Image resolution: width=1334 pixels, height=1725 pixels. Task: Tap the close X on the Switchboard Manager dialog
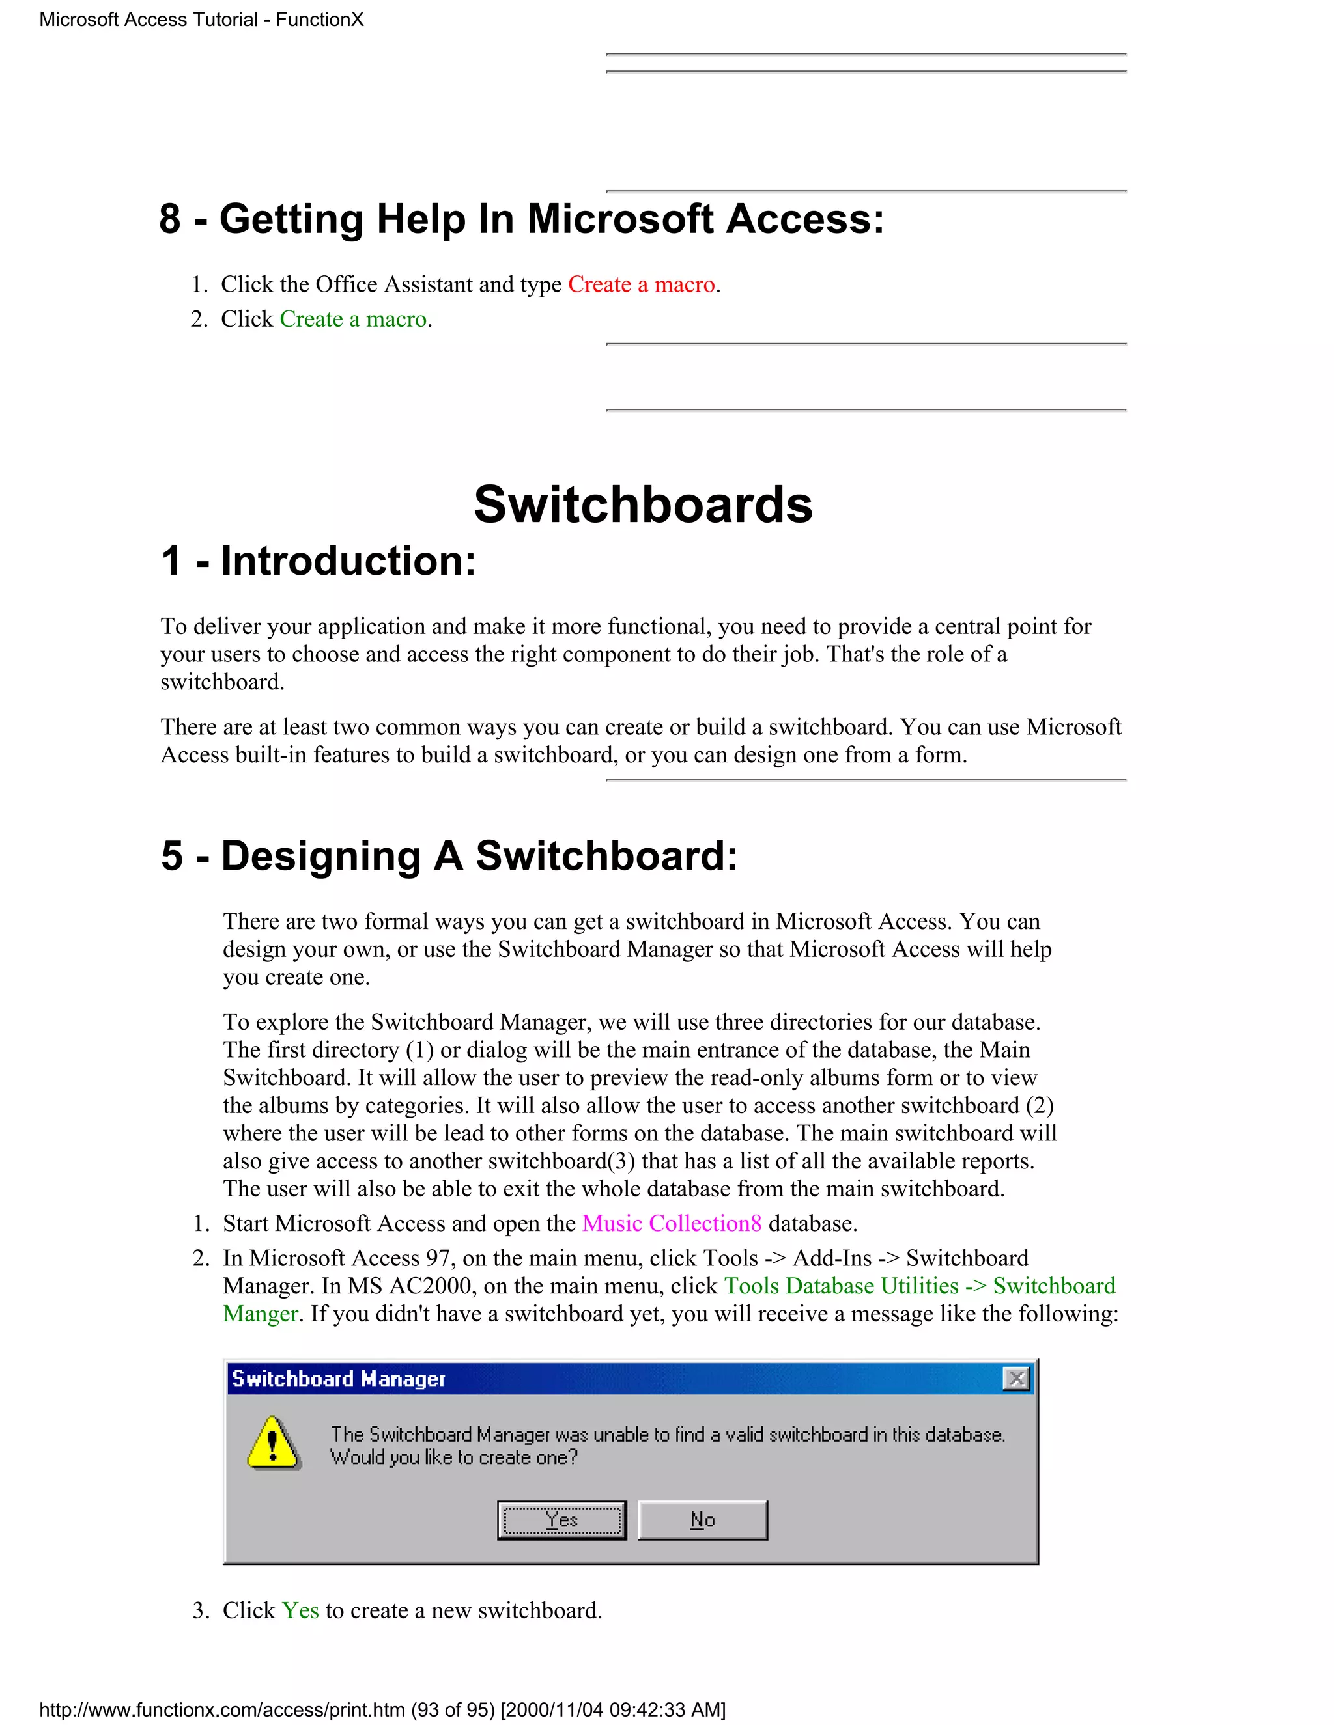coord(1015,1379)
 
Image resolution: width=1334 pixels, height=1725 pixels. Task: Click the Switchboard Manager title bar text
coord(338,1379)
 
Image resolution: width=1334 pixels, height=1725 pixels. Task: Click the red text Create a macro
coord(641,284)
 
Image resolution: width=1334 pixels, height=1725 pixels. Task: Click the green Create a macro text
coord(353,319)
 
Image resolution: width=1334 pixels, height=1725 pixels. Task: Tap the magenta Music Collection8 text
coord(672,1224)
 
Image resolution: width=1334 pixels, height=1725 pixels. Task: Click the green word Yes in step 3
coord(300,1610)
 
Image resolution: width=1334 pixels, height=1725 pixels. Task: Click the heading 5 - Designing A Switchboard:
coord(449,856)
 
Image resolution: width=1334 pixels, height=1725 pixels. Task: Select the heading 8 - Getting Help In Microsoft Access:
coord(521,219)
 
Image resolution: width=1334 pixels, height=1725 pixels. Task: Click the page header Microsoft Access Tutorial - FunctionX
coord(201,20)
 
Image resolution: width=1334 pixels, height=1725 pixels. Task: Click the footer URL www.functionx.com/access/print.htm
coord(222,1710)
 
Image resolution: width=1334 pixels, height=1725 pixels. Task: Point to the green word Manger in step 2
coord(261,1314)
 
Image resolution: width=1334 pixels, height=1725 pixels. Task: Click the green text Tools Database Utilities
coord(841,1286)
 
